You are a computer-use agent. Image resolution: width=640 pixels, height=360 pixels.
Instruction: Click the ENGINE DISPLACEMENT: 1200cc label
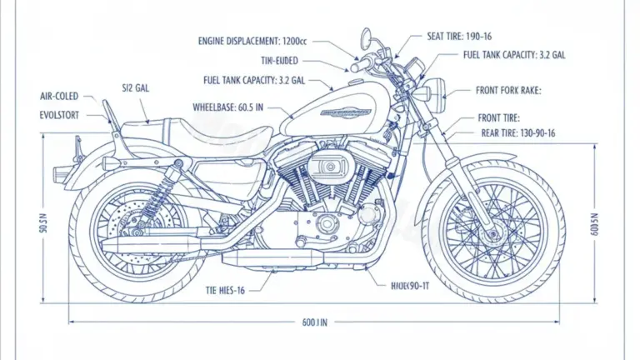click(251, 41)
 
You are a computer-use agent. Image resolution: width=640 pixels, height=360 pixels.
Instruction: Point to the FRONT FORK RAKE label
click(508, 91)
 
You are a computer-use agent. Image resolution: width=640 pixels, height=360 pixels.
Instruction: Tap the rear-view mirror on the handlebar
click(365, 37)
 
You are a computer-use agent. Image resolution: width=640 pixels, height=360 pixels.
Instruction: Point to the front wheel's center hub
click(484, 224)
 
